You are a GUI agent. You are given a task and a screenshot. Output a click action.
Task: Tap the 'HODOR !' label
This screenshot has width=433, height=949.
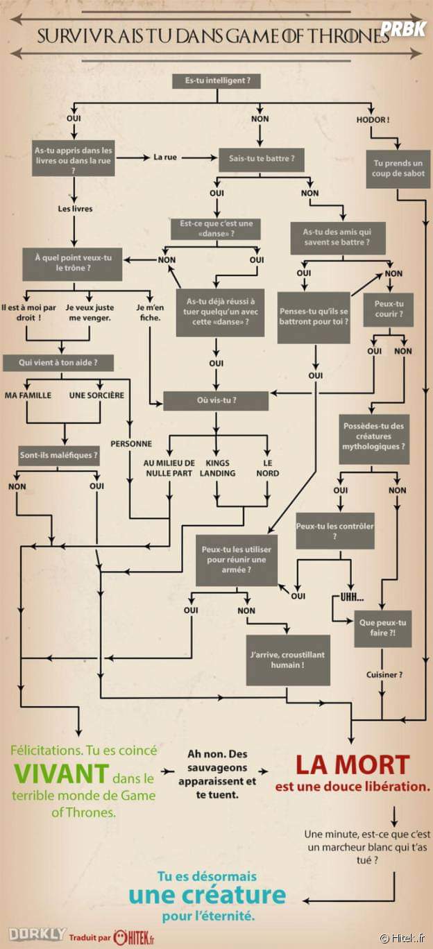tap(373, 119)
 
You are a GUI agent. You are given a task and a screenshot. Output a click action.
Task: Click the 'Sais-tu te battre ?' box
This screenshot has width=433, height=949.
tap(262, 158)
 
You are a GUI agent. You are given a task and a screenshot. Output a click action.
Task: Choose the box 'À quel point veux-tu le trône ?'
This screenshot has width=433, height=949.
tap(67, 262)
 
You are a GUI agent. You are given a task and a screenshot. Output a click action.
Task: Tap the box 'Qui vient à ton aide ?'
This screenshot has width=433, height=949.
tap(58, 362)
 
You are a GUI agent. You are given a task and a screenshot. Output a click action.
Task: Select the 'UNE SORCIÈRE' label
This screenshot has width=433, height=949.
tap(96, 395)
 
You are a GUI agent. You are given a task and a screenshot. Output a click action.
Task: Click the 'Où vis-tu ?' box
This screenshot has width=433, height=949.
tap(216, 400)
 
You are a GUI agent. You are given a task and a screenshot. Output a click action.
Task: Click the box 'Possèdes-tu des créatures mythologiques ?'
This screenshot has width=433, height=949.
tap(373, 436)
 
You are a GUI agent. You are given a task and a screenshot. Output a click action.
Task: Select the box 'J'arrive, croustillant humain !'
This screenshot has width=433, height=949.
tap(287, 659)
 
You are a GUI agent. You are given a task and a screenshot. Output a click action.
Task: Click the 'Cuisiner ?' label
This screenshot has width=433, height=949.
tap(384, 674)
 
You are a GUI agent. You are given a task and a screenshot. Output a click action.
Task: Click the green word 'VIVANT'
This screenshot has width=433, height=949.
tap(62, 773)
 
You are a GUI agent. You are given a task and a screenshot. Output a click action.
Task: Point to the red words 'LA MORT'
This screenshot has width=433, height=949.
tap(352, 765)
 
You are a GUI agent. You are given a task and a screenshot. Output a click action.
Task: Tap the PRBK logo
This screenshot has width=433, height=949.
tap(403, 28)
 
